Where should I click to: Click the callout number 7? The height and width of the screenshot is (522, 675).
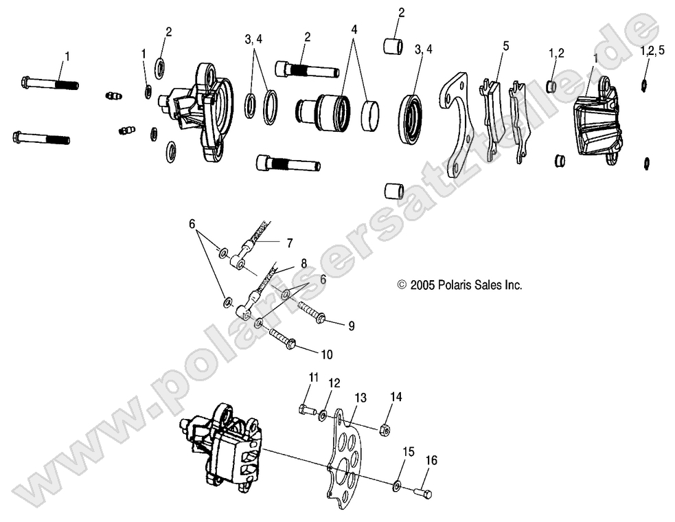click(x=290, y=242)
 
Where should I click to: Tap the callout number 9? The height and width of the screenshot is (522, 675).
click(x=351, y=326)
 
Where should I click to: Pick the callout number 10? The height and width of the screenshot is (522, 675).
click(x=326, y=354)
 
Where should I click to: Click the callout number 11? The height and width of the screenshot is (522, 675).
click(x=313, y=377)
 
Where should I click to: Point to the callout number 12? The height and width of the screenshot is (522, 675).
click(x=334, y=382)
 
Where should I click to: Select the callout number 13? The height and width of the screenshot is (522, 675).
click(x=361, y=398)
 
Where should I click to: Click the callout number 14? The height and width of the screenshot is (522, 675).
click(x=396, y=396)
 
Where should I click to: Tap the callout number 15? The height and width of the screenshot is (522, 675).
click(x=409, y=452)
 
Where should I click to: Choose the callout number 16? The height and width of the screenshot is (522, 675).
click(x=431, y=459)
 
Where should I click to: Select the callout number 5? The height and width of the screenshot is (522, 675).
click(x=506, y=46)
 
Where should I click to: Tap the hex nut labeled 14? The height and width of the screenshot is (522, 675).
click(x=386, y=429)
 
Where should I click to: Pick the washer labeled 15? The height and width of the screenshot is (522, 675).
click(x=398, y=486)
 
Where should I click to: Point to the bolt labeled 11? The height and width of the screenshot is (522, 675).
click(x=307, y=410)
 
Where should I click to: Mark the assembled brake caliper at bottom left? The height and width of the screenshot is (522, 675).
click(x=222, y=444)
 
